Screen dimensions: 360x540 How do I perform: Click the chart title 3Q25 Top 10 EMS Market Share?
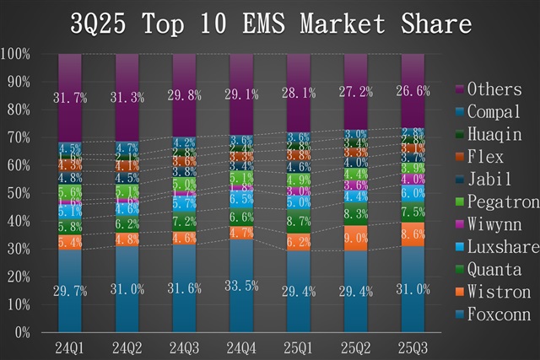[270, 23]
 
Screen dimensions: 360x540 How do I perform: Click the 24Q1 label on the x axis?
[70, 347]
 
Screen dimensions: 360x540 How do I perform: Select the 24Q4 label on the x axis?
[240, 347]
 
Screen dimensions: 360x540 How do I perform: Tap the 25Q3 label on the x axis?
[413, 347]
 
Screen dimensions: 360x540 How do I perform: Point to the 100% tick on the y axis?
[16, 54]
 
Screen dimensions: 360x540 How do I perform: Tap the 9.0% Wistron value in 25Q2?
[356, 239]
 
